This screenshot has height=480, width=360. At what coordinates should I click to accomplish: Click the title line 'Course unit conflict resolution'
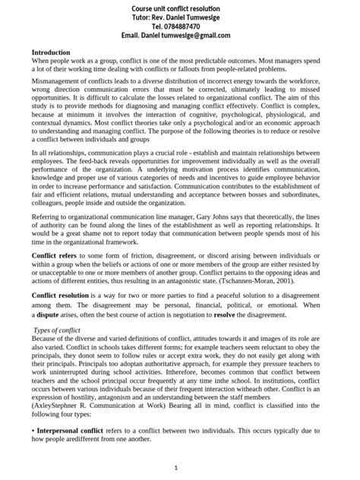coord(180,6)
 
